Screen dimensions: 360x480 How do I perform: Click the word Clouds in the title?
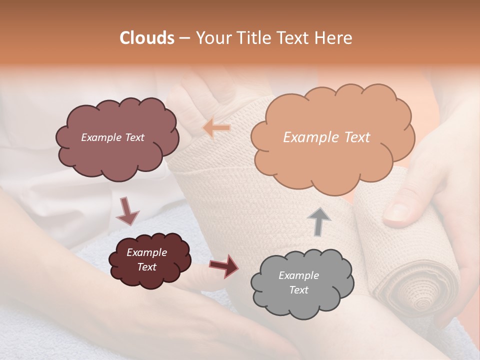(x=147, y=38)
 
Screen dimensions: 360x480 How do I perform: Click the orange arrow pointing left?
(x=216, y=128)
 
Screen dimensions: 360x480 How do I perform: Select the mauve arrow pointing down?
(x=127, y=211)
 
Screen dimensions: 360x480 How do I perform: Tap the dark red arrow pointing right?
(x=224, y=266)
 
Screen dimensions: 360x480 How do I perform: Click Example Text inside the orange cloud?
(x=326, y=137)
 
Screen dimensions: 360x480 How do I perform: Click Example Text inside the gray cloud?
(x=298, y=282)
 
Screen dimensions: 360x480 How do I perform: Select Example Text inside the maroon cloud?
(x=146, y=259)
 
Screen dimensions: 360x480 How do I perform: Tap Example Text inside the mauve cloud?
(x=112, y=137)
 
